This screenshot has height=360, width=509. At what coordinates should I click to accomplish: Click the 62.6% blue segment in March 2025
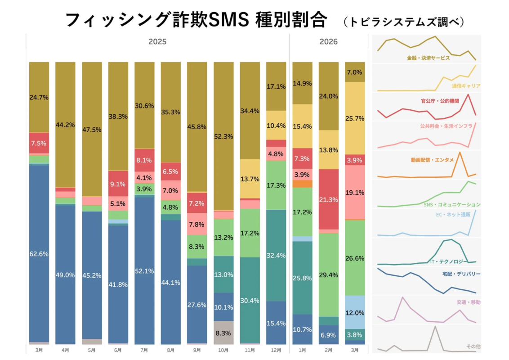[39, 253]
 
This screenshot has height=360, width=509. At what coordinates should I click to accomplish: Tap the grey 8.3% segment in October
[223, 333]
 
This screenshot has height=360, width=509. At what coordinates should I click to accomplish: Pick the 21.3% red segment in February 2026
[328, 199]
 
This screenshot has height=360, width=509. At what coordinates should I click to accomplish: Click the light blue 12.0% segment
[355, 312]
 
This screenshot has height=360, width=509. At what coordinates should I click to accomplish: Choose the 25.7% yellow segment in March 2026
[355, 118]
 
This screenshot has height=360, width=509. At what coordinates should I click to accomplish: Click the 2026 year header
[329, 42]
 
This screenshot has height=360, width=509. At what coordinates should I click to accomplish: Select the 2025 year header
[157, 42]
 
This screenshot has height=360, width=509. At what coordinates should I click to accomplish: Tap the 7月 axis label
[144, 349]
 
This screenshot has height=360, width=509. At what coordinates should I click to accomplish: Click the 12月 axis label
[276, 349]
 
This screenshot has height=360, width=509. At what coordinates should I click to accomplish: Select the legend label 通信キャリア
[466, 85]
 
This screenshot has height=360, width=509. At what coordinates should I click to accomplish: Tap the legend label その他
[473, 346]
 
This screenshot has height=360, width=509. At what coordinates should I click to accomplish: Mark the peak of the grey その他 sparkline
[435, 327]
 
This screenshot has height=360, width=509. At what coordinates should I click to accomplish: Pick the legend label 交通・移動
[468, 302]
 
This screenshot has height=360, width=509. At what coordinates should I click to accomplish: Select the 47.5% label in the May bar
[92, 130]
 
